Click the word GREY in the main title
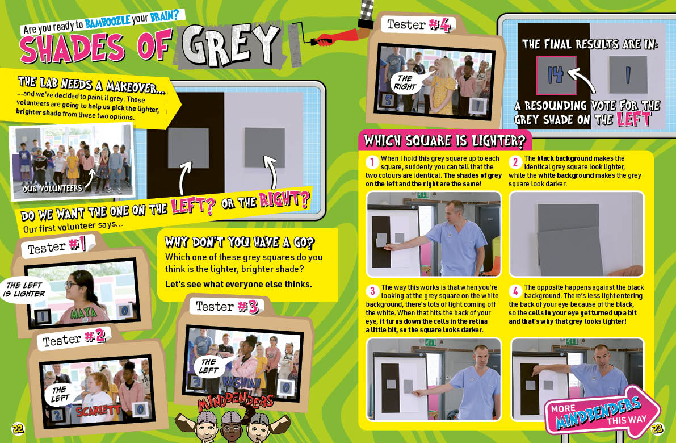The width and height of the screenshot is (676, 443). coord(230,45)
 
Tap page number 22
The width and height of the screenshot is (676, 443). coord(18,428)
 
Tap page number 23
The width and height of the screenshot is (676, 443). coord(657,428)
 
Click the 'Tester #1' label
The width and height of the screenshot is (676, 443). coord(56,246)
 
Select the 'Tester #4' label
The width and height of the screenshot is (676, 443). coord(418,25)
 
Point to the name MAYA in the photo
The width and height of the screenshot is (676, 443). coord(83,313)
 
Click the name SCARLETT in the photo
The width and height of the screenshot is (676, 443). coord(98,410)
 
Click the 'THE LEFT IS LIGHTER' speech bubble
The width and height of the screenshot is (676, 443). coord(25,290)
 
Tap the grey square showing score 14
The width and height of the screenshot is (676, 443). coord(556,76)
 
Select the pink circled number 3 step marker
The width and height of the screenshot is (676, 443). coord(372,291)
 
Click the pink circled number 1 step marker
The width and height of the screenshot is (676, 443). coord(372,162)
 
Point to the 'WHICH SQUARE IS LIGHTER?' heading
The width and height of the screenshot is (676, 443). coord(444,141)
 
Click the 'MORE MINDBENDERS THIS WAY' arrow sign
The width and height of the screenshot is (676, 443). coord(602,411)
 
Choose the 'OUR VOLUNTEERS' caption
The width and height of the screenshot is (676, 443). coord(52,188)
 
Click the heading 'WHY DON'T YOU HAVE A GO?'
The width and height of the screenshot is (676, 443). coord(240,243)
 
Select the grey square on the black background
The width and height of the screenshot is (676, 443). coord(188,148)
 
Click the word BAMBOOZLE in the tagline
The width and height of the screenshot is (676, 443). coord(108,20)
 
